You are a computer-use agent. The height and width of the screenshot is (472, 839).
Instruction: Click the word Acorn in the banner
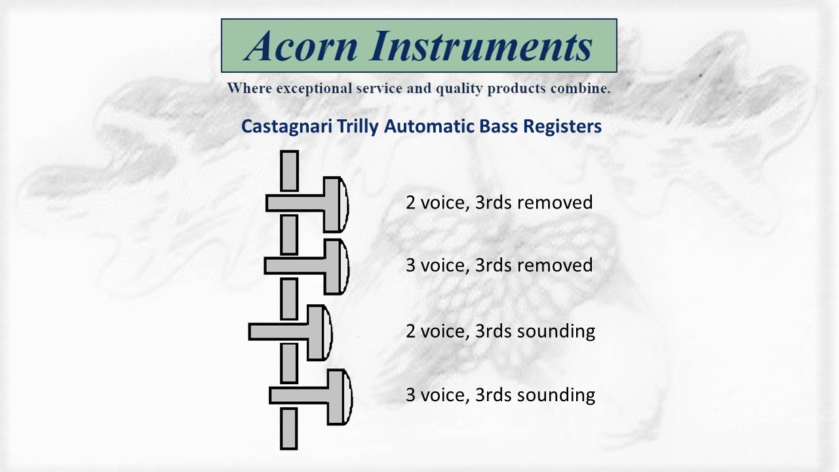[x=302, y=46]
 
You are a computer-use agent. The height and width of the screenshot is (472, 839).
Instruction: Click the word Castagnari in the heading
[x=286, y=127]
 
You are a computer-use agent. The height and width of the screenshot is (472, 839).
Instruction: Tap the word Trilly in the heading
[x=358, y=127]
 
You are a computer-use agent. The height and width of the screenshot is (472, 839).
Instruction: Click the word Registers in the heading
[x=562, y=127]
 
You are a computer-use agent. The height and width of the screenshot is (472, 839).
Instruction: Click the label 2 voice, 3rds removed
[x=499, y=203]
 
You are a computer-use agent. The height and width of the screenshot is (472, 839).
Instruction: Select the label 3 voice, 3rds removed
[x=499, y=265]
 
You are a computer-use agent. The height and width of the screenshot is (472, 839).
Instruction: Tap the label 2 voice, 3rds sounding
[x=500, y=332]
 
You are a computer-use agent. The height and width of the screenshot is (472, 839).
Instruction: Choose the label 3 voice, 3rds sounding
[x=500, y=395]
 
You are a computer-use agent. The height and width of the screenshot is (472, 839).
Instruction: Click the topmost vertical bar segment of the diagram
[x=289, y=171]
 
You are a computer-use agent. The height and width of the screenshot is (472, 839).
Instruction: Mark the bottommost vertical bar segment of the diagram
[x=289, y=429]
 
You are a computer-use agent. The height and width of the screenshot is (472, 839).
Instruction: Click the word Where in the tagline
[x=250, y=88]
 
